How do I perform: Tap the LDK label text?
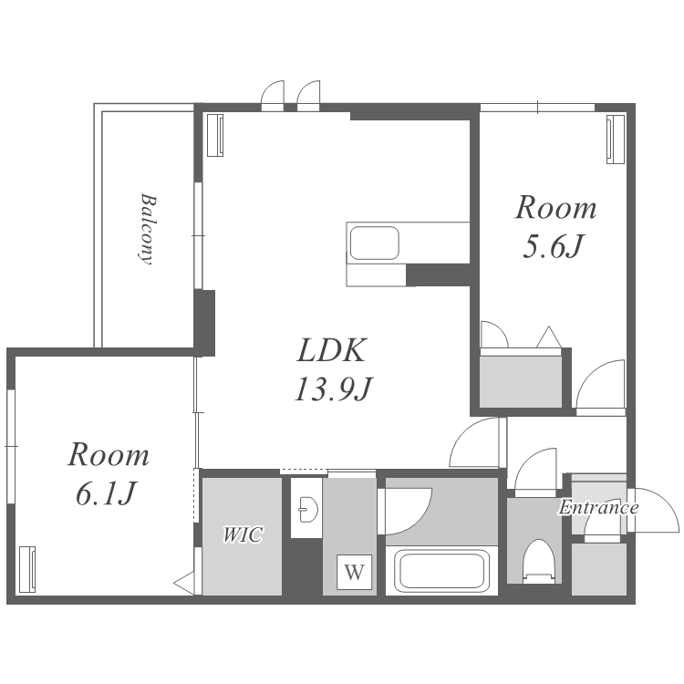[x=331, y=350]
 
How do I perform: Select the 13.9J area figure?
[x=333, y=389]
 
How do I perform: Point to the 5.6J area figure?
[x=554, y=246]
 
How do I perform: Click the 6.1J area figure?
[x=104, y=493]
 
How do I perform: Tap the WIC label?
[x=243, y=534]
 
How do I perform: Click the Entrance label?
[x=598, y=507]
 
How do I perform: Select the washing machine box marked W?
[x=354, y=572]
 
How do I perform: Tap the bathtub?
[x=441, y=571]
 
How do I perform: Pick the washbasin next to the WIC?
[x=309, y=509]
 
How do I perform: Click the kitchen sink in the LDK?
[x=374, y=243]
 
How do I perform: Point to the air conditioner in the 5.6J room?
[x=616, y=140]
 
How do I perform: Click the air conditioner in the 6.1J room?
[x=27, y=570]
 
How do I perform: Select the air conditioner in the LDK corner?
[x=215, y=135]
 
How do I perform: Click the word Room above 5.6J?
[x=555, y=208]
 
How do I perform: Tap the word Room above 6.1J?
[x=109, y=455]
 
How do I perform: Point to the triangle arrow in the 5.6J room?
[x=549, y=337]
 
